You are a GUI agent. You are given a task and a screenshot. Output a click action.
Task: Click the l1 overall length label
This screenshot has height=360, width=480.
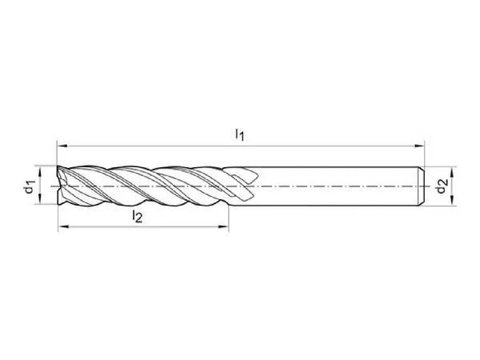click(240, 134)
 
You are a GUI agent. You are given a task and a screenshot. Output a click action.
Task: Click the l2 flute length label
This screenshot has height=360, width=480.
click(137, 216)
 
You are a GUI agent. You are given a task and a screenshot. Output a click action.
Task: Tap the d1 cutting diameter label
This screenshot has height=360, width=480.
click(30, 186)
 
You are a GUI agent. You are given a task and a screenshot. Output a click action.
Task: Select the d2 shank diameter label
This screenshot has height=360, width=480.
click(442, 186)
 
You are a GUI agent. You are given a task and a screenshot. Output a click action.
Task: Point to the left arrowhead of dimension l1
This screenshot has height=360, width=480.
click(62, 146)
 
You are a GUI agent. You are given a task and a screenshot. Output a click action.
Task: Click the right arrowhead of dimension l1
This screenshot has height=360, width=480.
click(419, 146)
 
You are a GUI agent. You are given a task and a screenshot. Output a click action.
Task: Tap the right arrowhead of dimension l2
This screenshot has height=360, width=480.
click(223, 227)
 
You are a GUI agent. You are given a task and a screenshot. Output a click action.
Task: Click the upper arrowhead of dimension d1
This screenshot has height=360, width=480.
click(39, 171)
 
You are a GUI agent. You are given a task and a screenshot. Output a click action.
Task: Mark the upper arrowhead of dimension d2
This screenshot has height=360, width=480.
click(452, 172)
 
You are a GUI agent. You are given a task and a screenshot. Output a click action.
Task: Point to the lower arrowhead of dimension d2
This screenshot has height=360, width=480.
click(452, 200)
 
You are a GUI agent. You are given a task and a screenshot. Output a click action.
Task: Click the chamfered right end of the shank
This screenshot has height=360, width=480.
click(422, 186)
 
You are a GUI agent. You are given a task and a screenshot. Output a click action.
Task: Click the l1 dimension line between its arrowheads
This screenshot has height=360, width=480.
click(241, 146)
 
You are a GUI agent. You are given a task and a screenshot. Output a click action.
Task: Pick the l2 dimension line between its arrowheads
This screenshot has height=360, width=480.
click(143, 227)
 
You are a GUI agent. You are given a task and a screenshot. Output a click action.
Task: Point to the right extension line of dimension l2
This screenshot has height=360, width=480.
click(228, 218)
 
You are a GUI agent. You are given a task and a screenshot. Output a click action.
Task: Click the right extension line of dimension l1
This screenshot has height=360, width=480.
click(425, 154)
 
